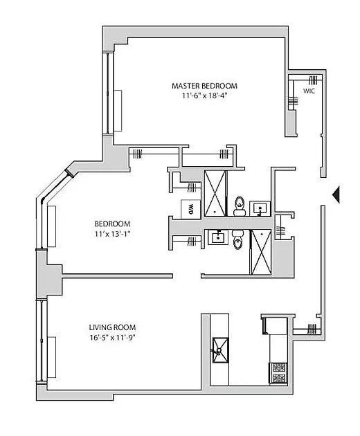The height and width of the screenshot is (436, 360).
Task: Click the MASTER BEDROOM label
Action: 204,86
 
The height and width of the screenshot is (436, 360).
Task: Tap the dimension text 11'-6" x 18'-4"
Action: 204,96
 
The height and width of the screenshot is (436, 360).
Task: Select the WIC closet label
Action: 309,91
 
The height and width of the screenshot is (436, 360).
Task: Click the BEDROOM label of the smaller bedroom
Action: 112,224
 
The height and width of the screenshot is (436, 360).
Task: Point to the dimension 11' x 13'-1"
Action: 112,234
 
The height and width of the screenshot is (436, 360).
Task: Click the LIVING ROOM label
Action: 112,327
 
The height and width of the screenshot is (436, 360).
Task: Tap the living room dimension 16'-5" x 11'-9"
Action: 112,338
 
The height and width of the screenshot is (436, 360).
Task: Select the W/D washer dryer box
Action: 190,209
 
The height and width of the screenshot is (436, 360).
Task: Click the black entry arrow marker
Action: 336,195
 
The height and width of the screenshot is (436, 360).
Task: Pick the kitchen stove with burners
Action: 278,373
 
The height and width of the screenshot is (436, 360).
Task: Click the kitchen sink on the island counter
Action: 220,350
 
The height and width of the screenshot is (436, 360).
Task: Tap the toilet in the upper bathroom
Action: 240,206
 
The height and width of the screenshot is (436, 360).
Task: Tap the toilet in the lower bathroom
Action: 237,239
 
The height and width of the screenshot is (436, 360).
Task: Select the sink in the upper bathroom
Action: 260,208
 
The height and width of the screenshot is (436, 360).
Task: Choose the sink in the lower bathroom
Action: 218,237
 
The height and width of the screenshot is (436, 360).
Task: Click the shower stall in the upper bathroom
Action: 215,194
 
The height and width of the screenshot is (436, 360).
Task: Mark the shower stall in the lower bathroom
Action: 261,252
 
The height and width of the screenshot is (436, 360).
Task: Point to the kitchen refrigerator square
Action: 275,325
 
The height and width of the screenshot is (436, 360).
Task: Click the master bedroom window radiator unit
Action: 118,111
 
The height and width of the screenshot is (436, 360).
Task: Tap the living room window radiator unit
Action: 52,357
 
